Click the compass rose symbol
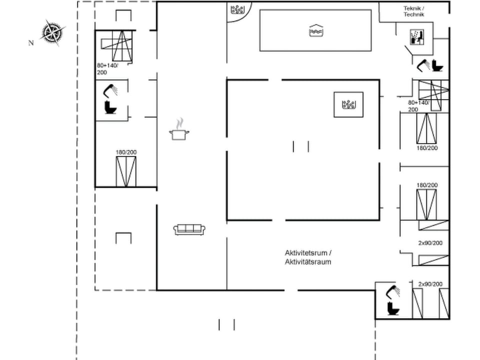point(52,32)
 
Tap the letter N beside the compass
point(31,43)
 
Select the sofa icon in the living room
point(190,229)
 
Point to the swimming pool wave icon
point(315,30)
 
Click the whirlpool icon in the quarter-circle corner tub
point(236,9)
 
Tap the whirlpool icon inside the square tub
point(348,104)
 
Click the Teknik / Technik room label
point(414,11)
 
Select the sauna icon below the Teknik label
point(416,36)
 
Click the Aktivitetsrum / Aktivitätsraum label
point(308,257)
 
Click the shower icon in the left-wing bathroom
point(110,90)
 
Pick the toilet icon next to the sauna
point(437,65)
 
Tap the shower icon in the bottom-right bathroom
point(393,291)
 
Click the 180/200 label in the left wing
point(126,152)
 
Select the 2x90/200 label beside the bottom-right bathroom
point(430,284)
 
